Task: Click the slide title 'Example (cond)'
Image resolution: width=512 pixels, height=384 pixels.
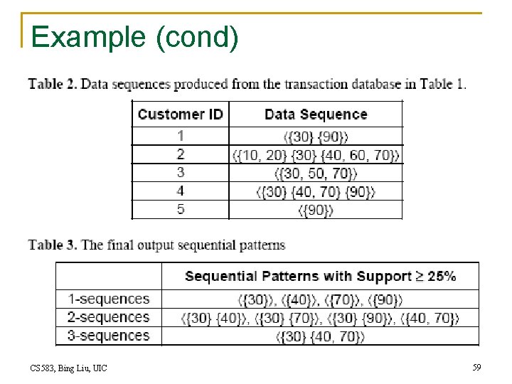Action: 134,37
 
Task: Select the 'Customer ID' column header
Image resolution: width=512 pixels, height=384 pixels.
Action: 180,114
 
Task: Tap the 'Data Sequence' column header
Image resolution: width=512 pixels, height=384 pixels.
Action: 316,114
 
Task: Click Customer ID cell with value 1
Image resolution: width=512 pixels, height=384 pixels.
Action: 181,135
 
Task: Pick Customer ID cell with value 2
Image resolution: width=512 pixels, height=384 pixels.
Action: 181,154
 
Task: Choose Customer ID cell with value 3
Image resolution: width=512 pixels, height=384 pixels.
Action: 181,173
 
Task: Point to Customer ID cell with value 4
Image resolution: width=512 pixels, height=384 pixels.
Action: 181,191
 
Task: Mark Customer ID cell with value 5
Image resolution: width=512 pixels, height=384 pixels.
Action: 181,210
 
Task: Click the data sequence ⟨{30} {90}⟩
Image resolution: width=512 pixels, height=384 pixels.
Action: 316,136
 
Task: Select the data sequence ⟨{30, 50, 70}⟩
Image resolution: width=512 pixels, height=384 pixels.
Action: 316,173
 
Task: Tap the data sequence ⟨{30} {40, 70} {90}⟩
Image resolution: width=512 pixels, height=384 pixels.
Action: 316,191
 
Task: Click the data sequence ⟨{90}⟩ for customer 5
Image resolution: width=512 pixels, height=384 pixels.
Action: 316,210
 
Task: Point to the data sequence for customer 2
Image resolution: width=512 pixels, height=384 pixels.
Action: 316,154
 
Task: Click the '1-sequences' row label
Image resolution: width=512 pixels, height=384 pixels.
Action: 109,299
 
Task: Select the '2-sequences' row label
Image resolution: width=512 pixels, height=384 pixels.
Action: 109,317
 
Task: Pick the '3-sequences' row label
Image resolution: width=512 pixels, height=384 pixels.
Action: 109,336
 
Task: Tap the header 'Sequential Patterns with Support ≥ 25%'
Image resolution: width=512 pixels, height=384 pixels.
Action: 320,276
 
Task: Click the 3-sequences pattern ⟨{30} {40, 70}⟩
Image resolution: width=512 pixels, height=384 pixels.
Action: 320,336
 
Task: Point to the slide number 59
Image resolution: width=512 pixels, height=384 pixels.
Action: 476,368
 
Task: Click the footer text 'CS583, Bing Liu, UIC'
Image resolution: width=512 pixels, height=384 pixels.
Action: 69,368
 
